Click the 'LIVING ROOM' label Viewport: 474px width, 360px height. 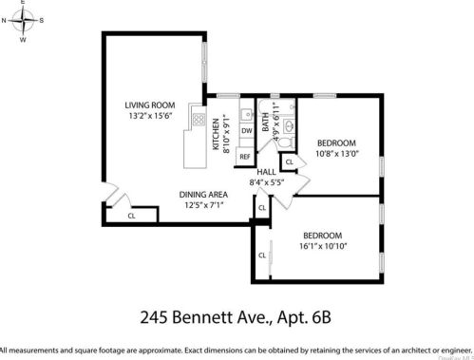pos(151,105)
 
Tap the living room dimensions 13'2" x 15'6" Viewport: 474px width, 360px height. pos(151,117)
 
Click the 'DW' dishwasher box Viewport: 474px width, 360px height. pos(245,131)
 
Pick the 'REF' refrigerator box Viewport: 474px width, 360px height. pos(244,156)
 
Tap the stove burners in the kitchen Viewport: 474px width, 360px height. pos(198,119)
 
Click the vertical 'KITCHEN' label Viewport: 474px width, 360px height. pos(217,132)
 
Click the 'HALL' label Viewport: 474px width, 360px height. pos(266,172)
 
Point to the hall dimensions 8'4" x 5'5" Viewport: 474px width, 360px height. pos(266,182)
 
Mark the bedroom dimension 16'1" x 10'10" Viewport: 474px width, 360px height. pos(326,245)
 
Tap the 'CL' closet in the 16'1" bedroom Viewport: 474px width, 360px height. pos(262,255)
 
